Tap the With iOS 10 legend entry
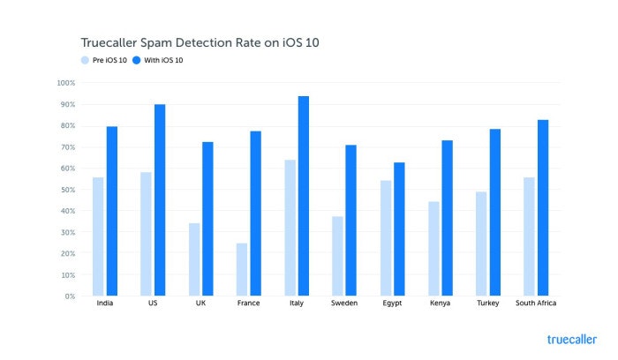tap(164, 60)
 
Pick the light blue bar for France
tap(241, 269)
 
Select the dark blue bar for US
tap(160, 200)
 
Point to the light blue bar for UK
tap(193, 259)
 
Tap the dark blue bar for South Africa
tap(542, 208)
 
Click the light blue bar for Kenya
tap(434, 249)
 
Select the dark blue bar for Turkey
tap(494, 213)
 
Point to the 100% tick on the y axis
tap(66, 83)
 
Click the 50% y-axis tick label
tap(68, 190)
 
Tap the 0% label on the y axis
tap(70, 296)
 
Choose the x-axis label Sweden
tap(345, 305)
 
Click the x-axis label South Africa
tap(536, 305)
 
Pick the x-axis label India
tap(104, 305)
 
